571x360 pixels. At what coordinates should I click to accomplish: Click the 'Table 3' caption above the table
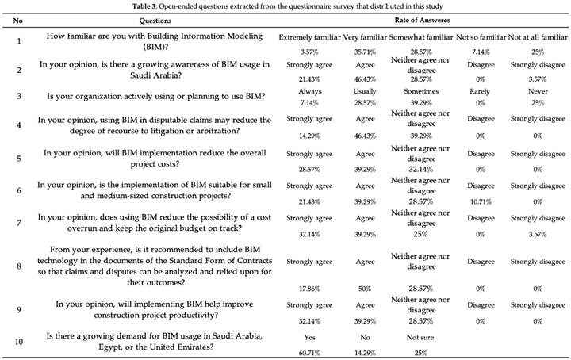click(x=285, y=6)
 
